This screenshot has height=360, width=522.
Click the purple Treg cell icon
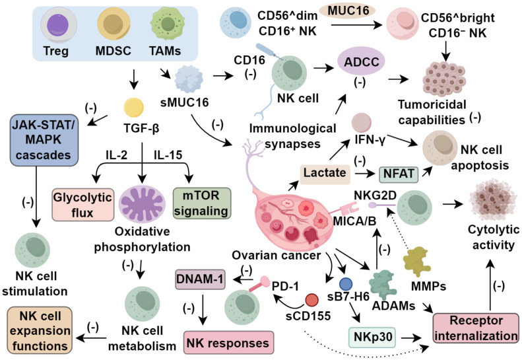(x=59, y=26)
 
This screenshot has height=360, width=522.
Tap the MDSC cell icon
(x=114, y=25)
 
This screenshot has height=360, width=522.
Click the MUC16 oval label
(x=347, y=11)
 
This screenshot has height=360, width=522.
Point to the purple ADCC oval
(x=361, y=61)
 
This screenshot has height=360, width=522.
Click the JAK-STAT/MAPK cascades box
(x=44, y=140)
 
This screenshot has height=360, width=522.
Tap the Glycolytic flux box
(x=83, y=205)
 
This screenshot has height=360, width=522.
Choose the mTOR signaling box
(x=202, y=203)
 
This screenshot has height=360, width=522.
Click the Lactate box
(x=325, y=174)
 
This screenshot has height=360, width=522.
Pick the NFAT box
(x=399, y=174)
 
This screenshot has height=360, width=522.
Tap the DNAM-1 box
(x=200, y=279)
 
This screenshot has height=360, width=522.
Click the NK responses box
(x=228, y=342)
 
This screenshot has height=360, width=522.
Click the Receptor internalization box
(x=476, y=328)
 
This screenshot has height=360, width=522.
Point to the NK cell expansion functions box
(x=40, y=330)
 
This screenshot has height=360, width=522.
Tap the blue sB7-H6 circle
(x=346, y=284)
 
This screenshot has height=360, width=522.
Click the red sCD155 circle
(x=312, y=300)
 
